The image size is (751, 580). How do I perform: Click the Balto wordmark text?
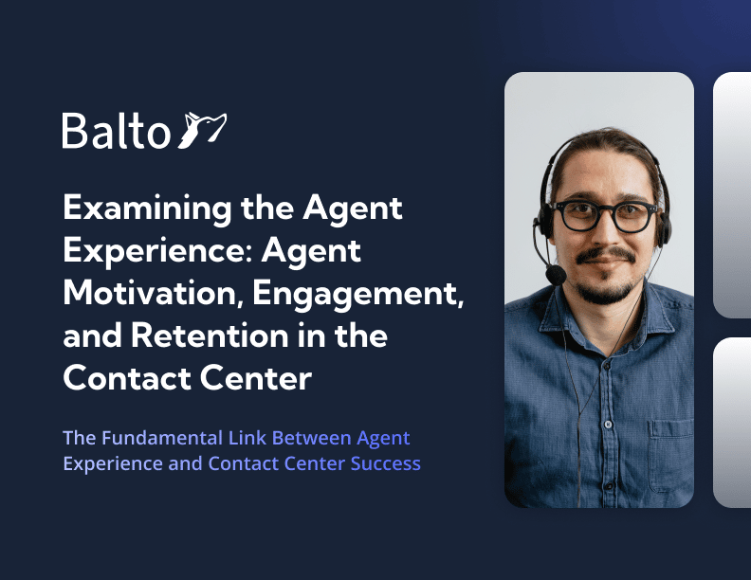pos(117,130)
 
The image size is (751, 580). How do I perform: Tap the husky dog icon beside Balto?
pos(202,130)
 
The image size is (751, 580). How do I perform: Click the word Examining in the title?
pos(147,208)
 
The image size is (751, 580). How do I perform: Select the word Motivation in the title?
pos(150,293)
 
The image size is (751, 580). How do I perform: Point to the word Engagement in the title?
pos(357,294)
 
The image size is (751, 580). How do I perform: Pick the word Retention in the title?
pos(210,335)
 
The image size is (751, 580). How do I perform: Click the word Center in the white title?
pos(256,378)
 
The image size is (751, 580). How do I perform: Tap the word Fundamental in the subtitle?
pos(162,438)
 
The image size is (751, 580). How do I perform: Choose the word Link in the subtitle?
pos(247,438)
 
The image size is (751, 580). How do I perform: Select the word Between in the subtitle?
pos(312,438)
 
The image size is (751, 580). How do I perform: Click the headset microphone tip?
pos(556,274)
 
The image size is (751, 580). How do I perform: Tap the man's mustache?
pos(605,255)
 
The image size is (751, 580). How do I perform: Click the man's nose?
pos(604,230)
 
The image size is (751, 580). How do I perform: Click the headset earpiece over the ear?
pos(665,225)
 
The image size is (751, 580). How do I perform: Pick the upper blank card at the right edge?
pos(732,195)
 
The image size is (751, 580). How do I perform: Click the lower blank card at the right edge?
pos(732,422)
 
